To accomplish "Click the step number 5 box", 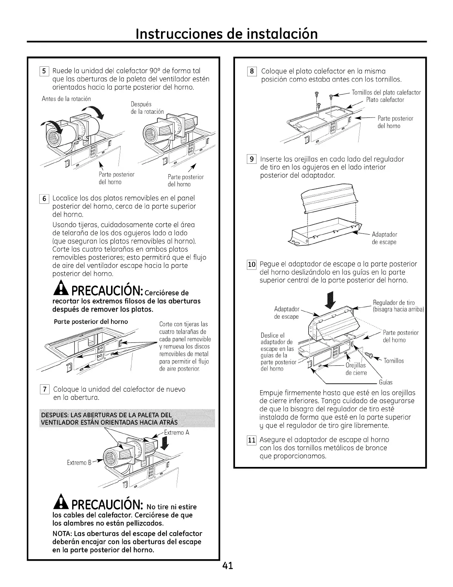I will coord(44,71).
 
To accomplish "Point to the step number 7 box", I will coord(44,389).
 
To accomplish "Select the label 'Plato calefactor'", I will coord(385,100).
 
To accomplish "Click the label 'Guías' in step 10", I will coord(386,382).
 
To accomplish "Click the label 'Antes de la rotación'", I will coord(66,99).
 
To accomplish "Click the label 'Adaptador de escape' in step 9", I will coord(384,238).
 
